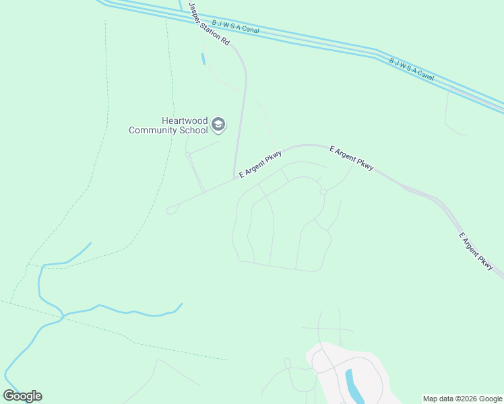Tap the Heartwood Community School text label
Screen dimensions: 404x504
coord(168,125)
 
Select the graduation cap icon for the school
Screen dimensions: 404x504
coord(218,125)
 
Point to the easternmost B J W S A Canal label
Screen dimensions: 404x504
coord(412,70)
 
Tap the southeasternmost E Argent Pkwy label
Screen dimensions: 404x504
coord(476,252)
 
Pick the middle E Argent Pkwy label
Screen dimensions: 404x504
coord(351,157)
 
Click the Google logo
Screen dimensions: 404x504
coord(22,396)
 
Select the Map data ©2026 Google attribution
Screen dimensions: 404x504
coord(462,399)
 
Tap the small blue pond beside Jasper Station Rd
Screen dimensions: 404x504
coord(203,59)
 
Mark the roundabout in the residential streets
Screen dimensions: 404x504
coord(323,192)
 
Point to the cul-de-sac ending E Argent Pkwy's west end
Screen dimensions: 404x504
coord(170,210)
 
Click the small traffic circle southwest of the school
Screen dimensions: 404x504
coord(188,154)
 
